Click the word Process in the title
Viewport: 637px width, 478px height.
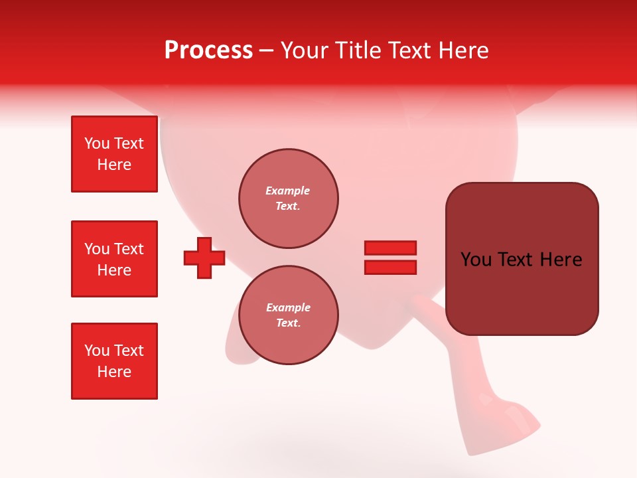click(208, 50)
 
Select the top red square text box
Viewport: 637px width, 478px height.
click(114, 154)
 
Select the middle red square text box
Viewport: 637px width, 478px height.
click(114, 259)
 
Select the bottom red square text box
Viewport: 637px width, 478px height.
click(114, 361)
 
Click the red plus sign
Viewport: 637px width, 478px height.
click(204, 258)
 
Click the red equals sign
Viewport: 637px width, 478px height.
click(390, 258)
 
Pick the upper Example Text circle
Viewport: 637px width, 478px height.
click(288, 199)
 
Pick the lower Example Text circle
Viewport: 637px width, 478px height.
click(288, 315)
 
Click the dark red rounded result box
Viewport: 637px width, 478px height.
click(522, 259)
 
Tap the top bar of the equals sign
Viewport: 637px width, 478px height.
click(390, 248)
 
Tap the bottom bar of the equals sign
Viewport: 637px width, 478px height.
click(390, 267)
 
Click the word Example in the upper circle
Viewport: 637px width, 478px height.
click(288, 191)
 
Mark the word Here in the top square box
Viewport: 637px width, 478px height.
click(114, 165)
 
